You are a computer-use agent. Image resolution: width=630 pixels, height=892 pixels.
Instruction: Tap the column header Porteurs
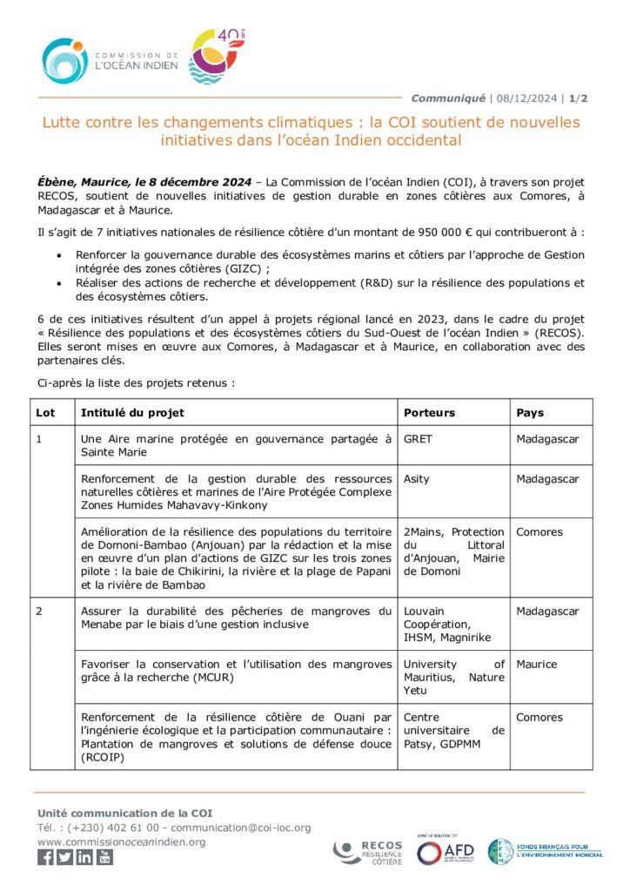429,412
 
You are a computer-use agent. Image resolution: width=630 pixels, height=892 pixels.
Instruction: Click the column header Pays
530,412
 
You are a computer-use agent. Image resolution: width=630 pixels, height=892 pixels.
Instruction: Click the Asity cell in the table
417,479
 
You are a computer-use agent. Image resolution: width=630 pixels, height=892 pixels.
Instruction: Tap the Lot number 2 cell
39,612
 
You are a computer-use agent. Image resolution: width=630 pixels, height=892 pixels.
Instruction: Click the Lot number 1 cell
39,439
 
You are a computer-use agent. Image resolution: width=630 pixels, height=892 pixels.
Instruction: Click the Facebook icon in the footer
45,858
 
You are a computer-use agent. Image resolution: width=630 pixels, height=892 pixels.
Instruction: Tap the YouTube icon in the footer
104,858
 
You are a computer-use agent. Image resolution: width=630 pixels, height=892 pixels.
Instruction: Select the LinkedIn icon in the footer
84,858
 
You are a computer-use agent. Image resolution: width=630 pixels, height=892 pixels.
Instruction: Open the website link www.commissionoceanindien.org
122,841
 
